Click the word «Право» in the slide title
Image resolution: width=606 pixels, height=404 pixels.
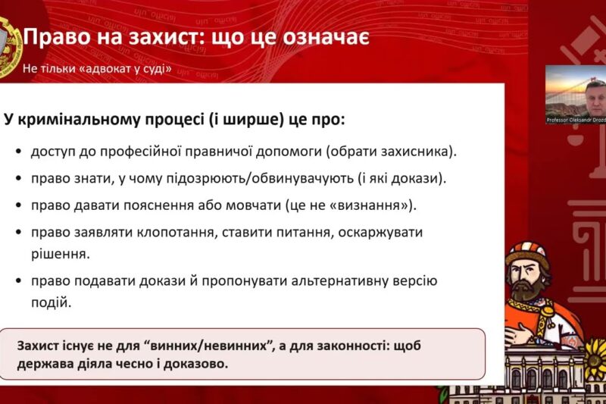pos(52,36)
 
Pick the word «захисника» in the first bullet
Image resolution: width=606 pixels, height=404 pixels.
pos(421,151)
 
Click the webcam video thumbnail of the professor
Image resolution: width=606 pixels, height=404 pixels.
pos(575,94)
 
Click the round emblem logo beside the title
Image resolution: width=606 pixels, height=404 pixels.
pos(8,47)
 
